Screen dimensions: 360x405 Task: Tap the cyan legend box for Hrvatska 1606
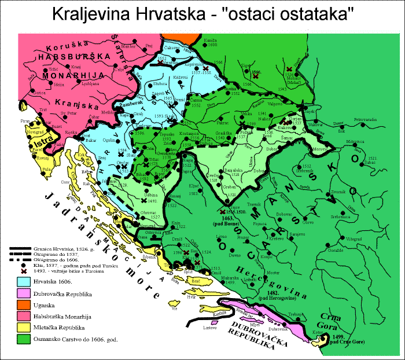point(23,281)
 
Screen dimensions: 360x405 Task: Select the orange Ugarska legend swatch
point(23,304)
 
